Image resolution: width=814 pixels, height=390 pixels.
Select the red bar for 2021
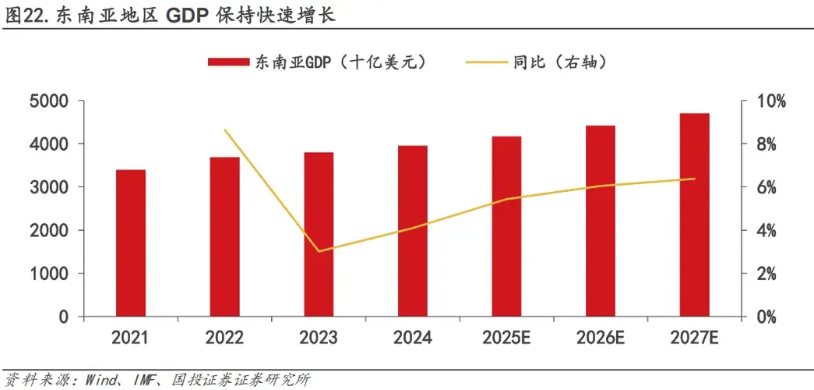click(x=131, y=243)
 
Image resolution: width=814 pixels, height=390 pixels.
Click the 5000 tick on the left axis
click(x=48, y=101)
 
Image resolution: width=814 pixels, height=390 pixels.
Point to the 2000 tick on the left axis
click(x=48, y=231)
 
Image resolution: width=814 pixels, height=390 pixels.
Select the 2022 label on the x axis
click(x=224, y=338)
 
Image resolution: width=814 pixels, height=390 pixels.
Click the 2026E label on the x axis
click(x=601, y=338)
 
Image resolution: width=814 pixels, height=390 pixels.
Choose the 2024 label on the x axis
click(x=412, y=338)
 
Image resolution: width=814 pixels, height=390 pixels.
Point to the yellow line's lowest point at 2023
click(x=319, y=251)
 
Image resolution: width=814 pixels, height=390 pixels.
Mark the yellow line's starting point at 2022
click(x=224, y=130)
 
